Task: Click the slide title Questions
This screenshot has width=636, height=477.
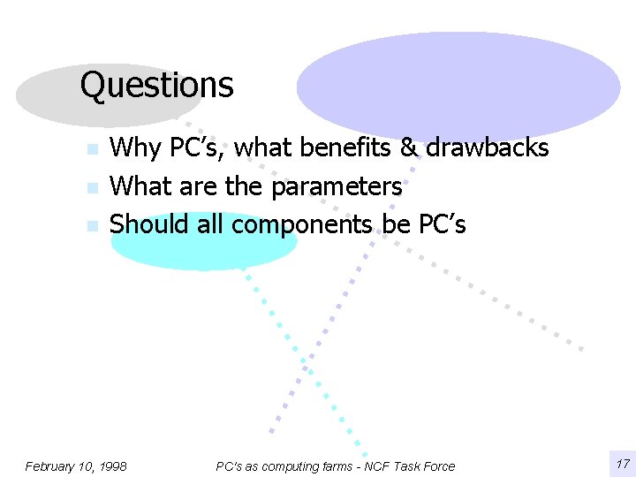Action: (156, 86)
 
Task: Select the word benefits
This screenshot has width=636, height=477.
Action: (346, 148)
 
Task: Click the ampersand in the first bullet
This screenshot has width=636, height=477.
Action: (408, 148)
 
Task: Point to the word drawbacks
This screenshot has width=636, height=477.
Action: (488, 148)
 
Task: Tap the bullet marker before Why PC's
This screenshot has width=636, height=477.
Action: (91, 150)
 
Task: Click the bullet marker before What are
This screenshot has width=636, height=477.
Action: (91, 188)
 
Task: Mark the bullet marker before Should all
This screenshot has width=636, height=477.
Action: (91, 226)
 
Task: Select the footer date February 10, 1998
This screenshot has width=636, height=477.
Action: (76, 466)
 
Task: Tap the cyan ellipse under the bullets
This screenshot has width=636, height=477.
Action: (204, 251)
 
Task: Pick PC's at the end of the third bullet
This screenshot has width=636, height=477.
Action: (442, 224)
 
